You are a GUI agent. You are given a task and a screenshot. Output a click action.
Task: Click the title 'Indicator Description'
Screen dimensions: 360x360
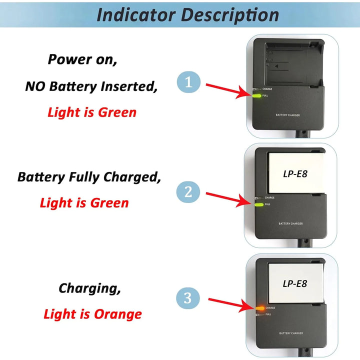pyautogui.click(x=187, y=14)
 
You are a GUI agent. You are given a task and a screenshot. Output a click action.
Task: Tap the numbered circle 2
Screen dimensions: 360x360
pyautogui.click(x=188, y=192)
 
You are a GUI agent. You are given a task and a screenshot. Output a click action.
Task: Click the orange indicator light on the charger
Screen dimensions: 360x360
pyautogui.click(x=259, y=307)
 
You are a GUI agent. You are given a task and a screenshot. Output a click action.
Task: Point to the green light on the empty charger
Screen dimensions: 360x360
pyautogui.click(x=256, y=95)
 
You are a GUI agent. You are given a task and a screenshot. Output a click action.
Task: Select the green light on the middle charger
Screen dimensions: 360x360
pyautogui.click(x=259, y=204)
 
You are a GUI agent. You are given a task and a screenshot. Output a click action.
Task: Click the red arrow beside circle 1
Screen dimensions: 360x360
pyautogui.click(x=228, y=89)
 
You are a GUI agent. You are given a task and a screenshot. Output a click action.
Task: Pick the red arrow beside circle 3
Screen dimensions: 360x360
pyautogui.click(x=230, y=304)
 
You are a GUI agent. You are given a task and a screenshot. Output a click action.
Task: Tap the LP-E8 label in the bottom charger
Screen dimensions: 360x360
pyautogui.click(x=294, y=283)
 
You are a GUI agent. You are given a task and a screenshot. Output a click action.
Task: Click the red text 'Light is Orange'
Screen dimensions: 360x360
pyautogui.click(x=92, y=314)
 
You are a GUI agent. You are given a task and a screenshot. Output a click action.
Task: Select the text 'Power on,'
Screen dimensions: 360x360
pyautogui.click(x=82, y=59)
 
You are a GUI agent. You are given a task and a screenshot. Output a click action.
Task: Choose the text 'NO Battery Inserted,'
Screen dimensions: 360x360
pyautogui.click(x=91, y=86)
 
